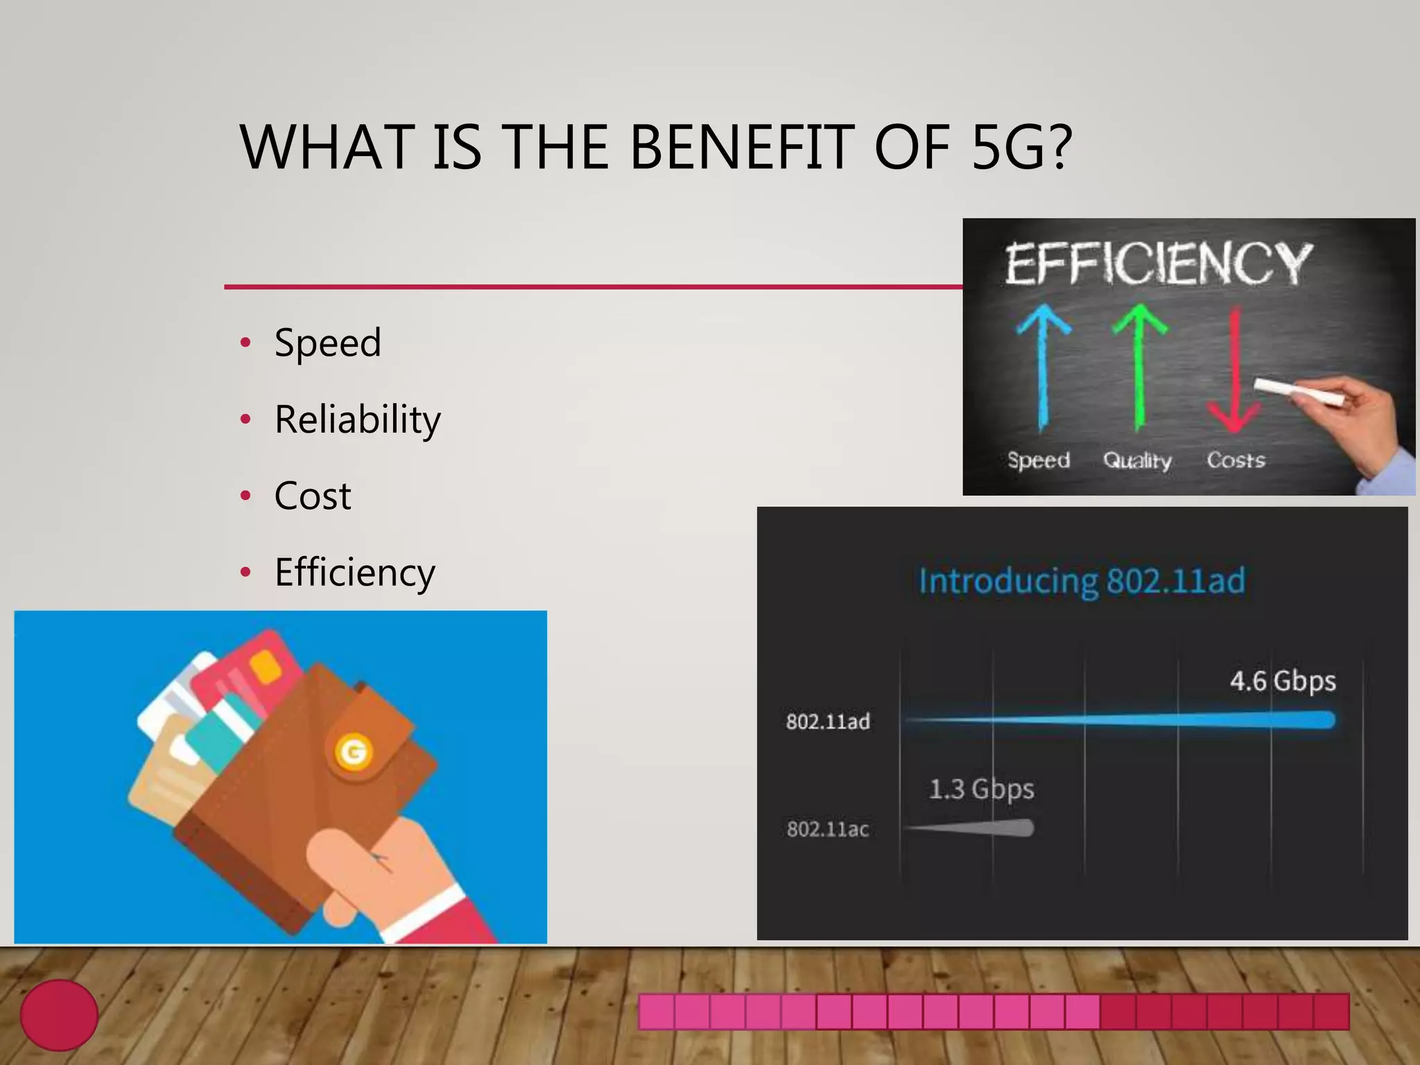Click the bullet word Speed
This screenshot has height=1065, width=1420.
click(x=327, y=343)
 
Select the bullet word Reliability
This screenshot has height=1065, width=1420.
click(x=357, y=419)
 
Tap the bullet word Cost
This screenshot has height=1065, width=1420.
click(x=313, y=496)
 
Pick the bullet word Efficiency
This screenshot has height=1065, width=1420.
click(x=354, y=573)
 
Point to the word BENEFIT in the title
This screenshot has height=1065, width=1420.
click(x=741, y=147)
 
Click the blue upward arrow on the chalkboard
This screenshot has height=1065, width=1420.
click(x=1043, y=367)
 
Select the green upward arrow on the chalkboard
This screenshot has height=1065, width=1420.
click(x=1138, y=367)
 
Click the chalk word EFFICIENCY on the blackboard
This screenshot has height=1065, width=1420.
click(x=1158, y=263)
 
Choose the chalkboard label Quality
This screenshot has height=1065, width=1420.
click(x=1137, y=460)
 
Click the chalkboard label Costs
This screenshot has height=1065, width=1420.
click(x=1236, y=460)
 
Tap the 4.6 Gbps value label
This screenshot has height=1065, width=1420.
click(x=1283, y=681)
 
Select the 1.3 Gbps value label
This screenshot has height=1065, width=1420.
click(x=981, y=789)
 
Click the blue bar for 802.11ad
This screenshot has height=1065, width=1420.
click(x=1179, y=721)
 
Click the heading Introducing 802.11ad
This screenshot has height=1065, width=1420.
click(x=1082, y=581)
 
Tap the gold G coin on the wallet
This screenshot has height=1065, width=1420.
click(x=354, y=752)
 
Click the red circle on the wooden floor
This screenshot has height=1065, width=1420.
click(x=59, y=1014)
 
